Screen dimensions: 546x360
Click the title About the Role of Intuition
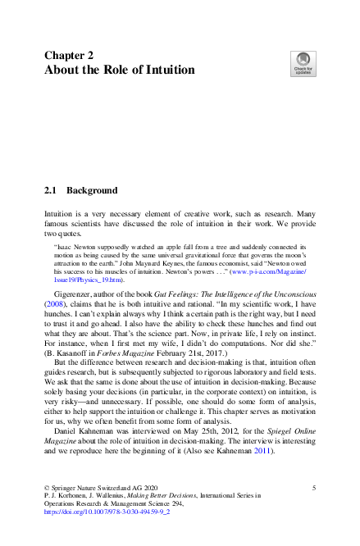coord(119,71)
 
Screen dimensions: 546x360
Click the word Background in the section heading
coord(92,190)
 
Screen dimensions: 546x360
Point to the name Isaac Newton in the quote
coord(75,246)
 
